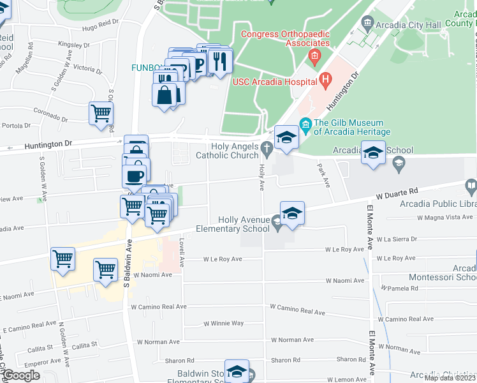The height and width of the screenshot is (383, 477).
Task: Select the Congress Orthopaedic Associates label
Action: [284, 38]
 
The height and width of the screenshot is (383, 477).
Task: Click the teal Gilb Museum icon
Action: [305, 123]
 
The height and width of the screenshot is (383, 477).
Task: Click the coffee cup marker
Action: [135, 176]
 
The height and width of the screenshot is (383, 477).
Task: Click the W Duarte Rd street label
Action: [396, 190]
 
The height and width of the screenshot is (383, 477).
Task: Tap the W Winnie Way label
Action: [223, 323]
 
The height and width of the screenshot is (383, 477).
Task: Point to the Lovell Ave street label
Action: [182, 253]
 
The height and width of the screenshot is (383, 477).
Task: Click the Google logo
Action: [20, 375]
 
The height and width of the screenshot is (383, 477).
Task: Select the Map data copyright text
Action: [450, 378]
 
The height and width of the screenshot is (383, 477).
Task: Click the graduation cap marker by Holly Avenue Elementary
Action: [292, 213]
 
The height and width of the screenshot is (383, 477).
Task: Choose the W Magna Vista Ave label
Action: [444, 217]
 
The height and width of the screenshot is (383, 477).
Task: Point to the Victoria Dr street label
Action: [88, 68]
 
